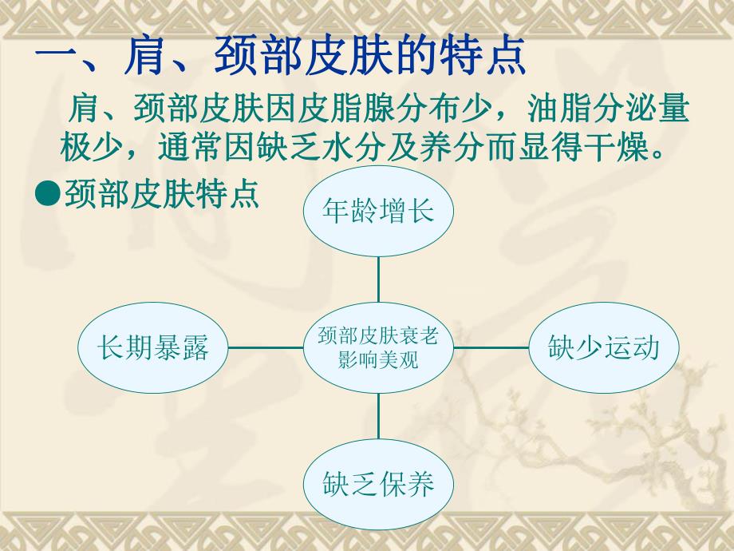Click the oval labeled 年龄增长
[x=378, y=212]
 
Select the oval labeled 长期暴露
[x=152, y=347]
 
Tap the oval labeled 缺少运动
[x=604, y=347]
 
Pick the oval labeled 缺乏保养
[x=378, y=483]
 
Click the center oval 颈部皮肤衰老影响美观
[x=378, y=347]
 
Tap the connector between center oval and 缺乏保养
[x=378, y=416]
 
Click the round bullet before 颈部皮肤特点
[x=49, y=193]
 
